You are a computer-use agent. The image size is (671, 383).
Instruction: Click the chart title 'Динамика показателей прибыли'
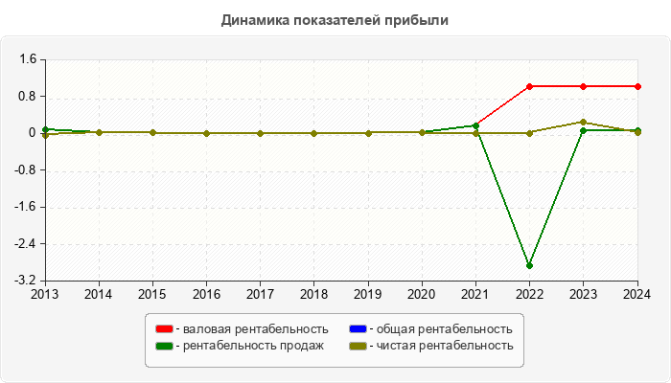pos(335,20)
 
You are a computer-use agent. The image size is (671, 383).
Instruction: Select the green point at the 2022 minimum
pos(530,265)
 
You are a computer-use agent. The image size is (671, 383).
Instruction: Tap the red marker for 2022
pos(530,86)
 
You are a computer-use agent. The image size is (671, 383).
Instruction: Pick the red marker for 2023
pos(584,86)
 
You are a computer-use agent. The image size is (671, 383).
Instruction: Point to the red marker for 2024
pos(637,86)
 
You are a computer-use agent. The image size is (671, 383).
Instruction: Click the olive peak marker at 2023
pos(584,122)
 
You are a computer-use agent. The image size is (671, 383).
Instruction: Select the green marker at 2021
pos(476,125)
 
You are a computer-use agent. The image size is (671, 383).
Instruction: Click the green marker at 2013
pos(45,129)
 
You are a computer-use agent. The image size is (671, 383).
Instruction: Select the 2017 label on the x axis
pos(260,295)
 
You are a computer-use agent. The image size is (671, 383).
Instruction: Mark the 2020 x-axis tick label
pos(422,295)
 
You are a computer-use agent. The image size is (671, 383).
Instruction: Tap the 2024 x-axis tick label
pos(637,295)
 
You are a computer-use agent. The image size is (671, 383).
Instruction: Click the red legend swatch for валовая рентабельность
pos(165,330)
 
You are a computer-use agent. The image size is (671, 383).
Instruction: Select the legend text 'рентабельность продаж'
pos(253,346)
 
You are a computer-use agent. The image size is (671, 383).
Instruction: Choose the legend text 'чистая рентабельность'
pos(445,346)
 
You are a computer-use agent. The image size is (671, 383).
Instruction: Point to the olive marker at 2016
pos(207,133)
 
